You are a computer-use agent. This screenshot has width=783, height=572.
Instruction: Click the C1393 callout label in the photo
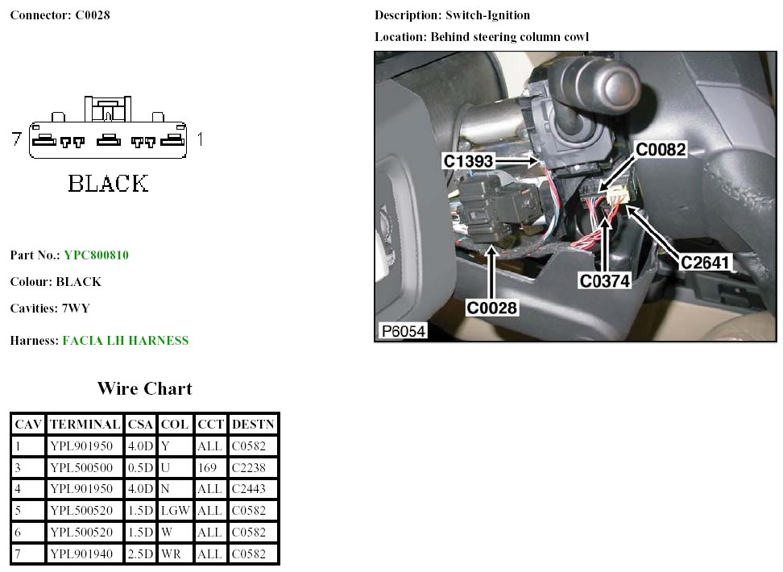coord(468,161)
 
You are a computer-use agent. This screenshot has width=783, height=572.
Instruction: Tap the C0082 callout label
coord(661,149)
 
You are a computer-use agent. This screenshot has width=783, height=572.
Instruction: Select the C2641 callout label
coord(705,263)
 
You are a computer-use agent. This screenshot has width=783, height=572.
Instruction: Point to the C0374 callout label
coord(605,280)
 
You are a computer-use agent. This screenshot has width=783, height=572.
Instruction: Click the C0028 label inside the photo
coord(491,308)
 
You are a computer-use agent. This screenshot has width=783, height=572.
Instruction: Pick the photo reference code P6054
coord(403,331)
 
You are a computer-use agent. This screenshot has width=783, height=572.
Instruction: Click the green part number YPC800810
coord(97,255)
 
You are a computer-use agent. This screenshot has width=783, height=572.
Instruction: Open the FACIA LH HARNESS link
coord(126,341)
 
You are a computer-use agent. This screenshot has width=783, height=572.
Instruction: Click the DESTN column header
coord(253,425)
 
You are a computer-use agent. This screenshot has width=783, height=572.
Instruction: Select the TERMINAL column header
coord(85,425)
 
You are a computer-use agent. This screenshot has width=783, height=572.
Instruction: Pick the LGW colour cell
coord(176,511)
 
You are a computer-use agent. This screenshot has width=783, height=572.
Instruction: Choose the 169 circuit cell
coord(207,468)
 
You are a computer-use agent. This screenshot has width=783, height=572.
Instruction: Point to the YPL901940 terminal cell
coord(81,554)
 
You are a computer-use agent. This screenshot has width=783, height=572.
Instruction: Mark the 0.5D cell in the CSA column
coord(140,468)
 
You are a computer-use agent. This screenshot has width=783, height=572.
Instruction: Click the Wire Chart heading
coord(145,388)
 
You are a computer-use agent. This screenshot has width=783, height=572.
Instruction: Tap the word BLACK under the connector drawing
coord(109,184)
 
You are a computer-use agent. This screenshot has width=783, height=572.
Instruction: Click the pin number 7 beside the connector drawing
coord(17,139)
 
